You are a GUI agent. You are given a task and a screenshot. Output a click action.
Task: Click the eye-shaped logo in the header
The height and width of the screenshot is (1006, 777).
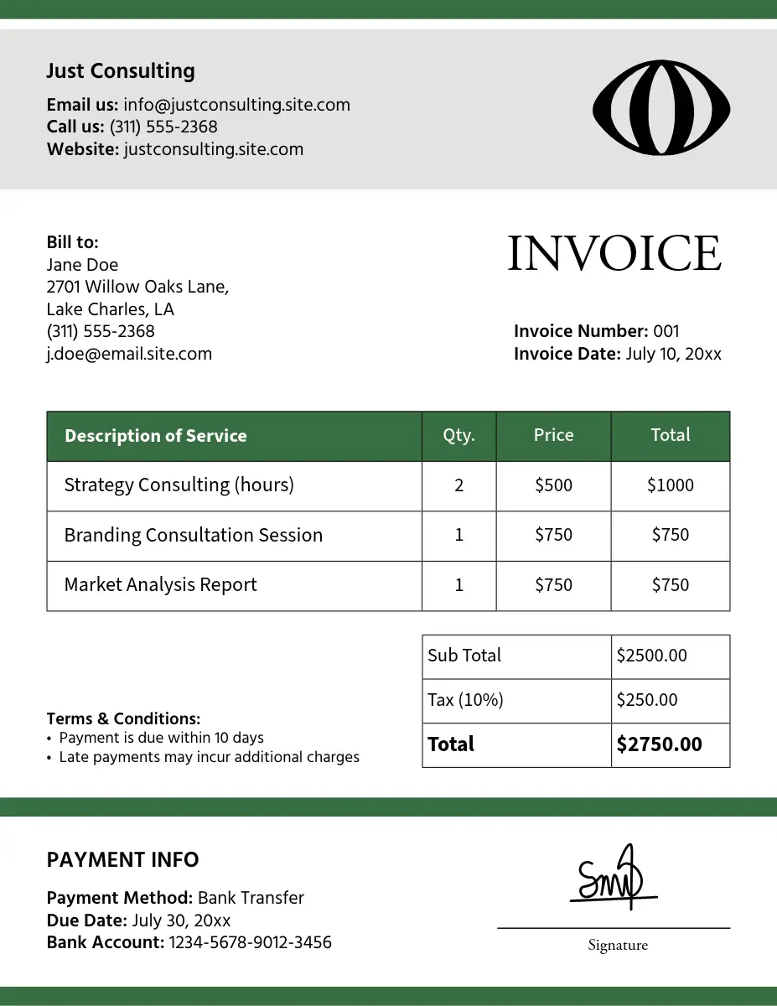[x=660, y=107]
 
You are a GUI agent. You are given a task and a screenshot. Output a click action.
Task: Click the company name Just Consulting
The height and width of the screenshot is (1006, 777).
[x=120, y=71]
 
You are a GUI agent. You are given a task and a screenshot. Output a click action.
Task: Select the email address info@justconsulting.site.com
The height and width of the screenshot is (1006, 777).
[x=236, y=105]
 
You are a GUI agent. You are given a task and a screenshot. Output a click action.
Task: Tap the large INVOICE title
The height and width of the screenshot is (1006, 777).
[x=614, y=253]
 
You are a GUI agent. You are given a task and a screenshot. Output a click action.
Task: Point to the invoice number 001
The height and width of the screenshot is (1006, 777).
[x=666, y=331]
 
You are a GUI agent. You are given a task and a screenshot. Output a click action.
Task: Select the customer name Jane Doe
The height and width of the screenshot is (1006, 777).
[x=82, y=265]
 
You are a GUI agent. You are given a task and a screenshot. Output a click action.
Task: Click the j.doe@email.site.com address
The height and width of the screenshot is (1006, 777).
[x=129, y=354]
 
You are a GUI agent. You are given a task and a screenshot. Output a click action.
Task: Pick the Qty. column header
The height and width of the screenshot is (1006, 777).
[x=458, y=435]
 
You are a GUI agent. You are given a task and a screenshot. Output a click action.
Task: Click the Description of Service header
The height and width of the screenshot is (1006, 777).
[x=155, y=436]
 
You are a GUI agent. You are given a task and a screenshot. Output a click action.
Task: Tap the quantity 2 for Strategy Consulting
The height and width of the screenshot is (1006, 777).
[x=458, y=485]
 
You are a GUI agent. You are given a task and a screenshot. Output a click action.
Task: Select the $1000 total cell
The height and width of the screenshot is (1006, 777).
[x=670, y=485]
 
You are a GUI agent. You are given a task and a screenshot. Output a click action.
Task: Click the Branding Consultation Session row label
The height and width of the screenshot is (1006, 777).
[x=193, y=535]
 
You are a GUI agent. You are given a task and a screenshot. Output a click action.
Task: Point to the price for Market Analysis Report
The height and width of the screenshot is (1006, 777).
[x=553, y=585]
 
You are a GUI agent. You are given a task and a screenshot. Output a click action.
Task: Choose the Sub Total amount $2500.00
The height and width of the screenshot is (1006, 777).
[x=651, y=656]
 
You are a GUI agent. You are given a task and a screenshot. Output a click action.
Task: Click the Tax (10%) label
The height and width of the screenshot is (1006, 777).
[x=465, y=700]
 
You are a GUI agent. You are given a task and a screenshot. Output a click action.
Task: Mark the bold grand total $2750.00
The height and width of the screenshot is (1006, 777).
[x=659, y=744]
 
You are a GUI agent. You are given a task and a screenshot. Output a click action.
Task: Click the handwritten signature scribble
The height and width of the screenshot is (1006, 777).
[x=610, y=879]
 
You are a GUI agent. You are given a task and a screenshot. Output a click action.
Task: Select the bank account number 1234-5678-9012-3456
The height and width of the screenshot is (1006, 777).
[x=250, y=942]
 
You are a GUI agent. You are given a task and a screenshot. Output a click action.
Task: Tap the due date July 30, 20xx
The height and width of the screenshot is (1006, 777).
[x=181, y=920]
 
